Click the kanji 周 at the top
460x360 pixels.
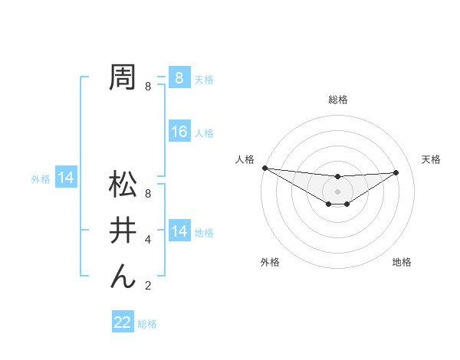[x=123, y=77]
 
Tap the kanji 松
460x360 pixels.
[x=123, y=185]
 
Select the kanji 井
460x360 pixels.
[x=123, y=229]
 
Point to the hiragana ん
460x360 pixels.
[x=123, y=275]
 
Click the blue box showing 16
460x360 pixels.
[x=179, y=132]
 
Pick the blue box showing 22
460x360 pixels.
[x=123, y=322]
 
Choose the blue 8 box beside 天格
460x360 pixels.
[x=179, y=77]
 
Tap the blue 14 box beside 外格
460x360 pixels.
[x=66, y=178]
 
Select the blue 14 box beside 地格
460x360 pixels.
[x=179, y=231]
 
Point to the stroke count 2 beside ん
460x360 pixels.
[x=148, y=286]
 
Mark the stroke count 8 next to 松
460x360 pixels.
[x=148, y=195]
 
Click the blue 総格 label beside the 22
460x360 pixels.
[x=147, y=324]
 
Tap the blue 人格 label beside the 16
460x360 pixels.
[x=204, y=133]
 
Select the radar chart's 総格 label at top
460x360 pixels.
[x=337, y=100]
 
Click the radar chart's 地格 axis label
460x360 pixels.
[x=402, y=263]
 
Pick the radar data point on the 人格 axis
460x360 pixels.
[x=264, y=168]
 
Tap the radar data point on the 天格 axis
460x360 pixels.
[x=396, y=172]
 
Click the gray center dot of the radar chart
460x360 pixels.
[x=337, y=191]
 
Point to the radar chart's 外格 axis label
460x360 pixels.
[x=270, y=263]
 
